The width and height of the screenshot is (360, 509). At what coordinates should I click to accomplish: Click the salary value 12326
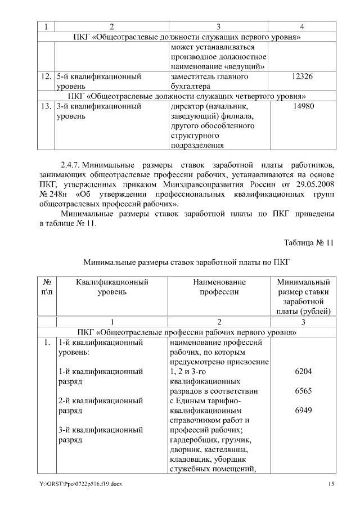(x=303, y=76)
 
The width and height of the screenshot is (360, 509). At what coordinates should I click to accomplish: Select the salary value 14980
(x=303, y=106)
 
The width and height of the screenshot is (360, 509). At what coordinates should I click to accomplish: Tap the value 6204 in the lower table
(x=303, y=372)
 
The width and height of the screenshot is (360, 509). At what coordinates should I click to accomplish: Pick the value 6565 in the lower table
(x=303, y=391)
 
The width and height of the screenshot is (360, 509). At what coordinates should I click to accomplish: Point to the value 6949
(x=303, y=411)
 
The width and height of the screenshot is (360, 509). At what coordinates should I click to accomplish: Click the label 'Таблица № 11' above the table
(x=309, y=243)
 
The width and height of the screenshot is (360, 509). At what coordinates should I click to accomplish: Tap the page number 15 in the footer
(x=331, y=485)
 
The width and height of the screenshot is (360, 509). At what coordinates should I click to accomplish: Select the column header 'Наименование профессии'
(x=219, y=286)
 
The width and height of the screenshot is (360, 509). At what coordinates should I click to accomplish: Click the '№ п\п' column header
(x=47, y=286)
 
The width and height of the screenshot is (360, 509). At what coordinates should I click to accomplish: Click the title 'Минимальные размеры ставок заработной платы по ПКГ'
(x=186, y=262)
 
